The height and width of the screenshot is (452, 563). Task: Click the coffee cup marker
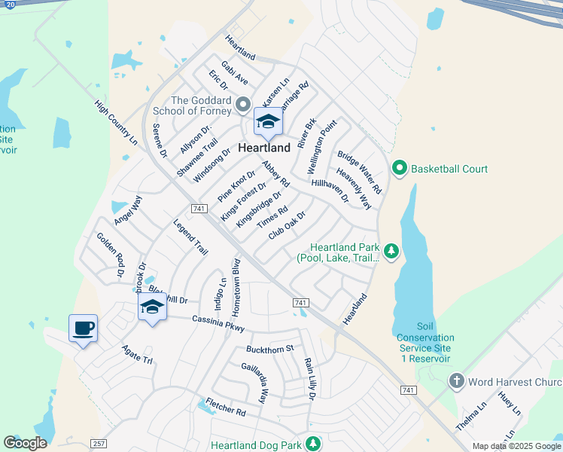click(83, 328)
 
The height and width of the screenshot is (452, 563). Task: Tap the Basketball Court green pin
click(400, 169)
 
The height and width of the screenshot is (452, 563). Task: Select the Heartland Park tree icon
click(391, 250)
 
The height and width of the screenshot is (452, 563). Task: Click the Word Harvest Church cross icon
click(457, 382)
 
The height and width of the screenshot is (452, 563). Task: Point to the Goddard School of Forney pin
click(243, 103)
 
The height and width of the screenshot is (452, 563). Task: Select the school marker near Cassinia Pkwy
click(152, 307)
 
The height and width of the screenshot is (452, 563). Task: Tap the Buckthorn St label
click(269, 349)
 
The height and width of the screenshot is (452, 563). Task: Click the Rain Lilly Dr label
click(309, 378)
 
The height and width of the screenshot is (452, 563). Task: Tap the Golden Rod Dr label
click(109, 255)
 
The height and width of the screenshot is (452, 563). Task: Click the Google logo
click(25, 443)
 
